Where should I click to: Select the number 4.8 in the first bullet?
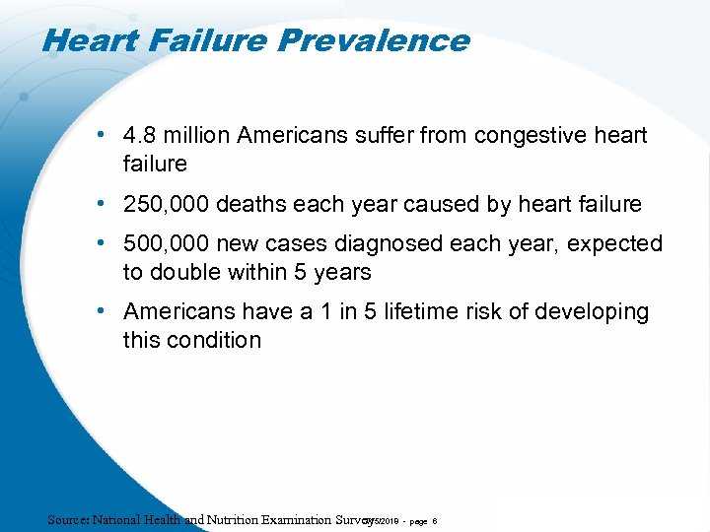[x=141, y=135]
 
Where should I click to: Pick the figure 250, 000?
[x=166, y=204]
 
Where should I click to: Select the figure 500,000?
[x=163, y=243]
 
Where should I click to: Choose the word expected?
[x=612, y=243]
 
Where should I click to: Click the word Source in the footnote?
[x=67, y=519]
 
